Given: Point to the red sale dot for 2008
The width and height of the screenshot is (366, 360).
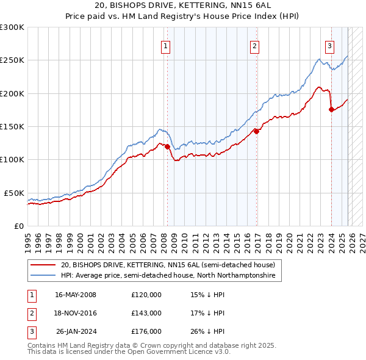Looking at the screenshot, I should click(x=167, y=146).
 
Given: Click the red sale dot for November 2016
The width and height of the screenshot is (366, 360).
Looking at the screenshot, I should click(x=256, y=131).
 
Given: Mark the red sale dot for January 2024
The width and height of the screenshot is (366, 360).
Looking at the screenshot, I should click(x=331, y=109).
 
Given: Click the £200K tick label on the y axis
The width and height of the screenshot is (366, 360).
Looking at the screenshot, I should click(x=12, y=93).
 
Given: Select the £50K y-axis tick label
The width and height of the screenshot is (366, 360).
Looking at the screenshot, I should click(x=15, y=193).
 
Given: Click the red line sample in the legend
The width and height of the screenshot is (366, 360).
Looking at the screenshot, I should click(x=44, y=265).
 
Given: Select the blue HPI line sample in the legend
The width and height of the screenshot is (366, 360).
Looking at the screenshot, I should click(x=44, y=276).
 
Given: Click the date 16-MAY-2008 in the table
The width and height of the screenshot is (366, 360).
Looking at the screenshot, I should click(x=76, y=295).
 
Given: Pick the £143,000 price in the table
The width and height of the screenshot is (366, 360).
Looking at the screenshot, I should click(x=146, y=313).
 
